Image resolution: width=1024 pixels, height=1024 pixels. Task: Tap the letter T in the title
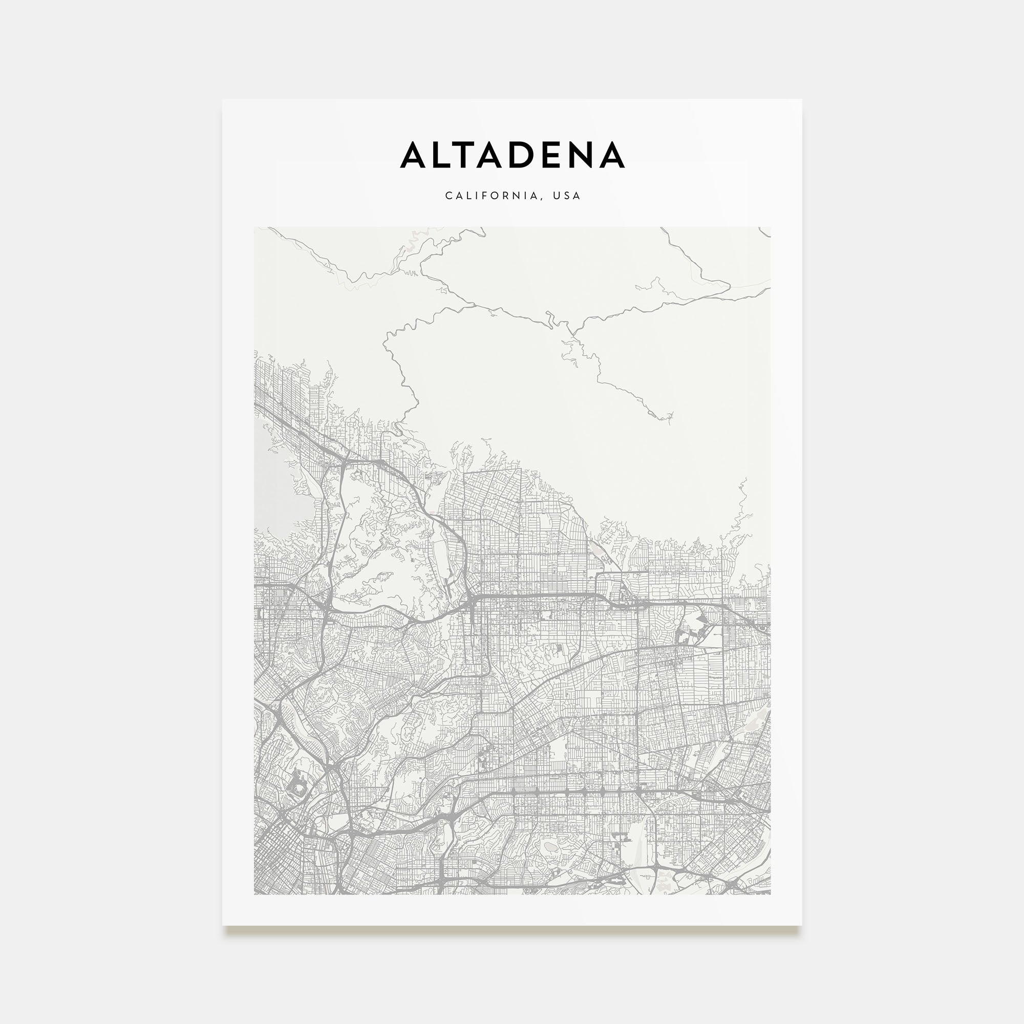[470, 155]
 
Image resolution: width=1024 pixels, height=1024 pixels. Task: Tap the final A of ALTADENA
[611, 155]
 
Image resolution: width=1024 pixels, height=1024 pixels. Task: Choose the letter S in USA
[567, 196]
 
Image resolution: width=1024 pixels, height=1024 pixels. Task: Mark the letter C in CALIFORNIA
[449, 196]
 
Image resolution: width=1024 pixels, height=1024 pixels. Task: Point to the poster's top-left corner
[223, 100]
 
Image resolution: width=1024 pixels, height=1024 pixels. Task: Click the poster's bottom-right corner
[801, 925]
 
